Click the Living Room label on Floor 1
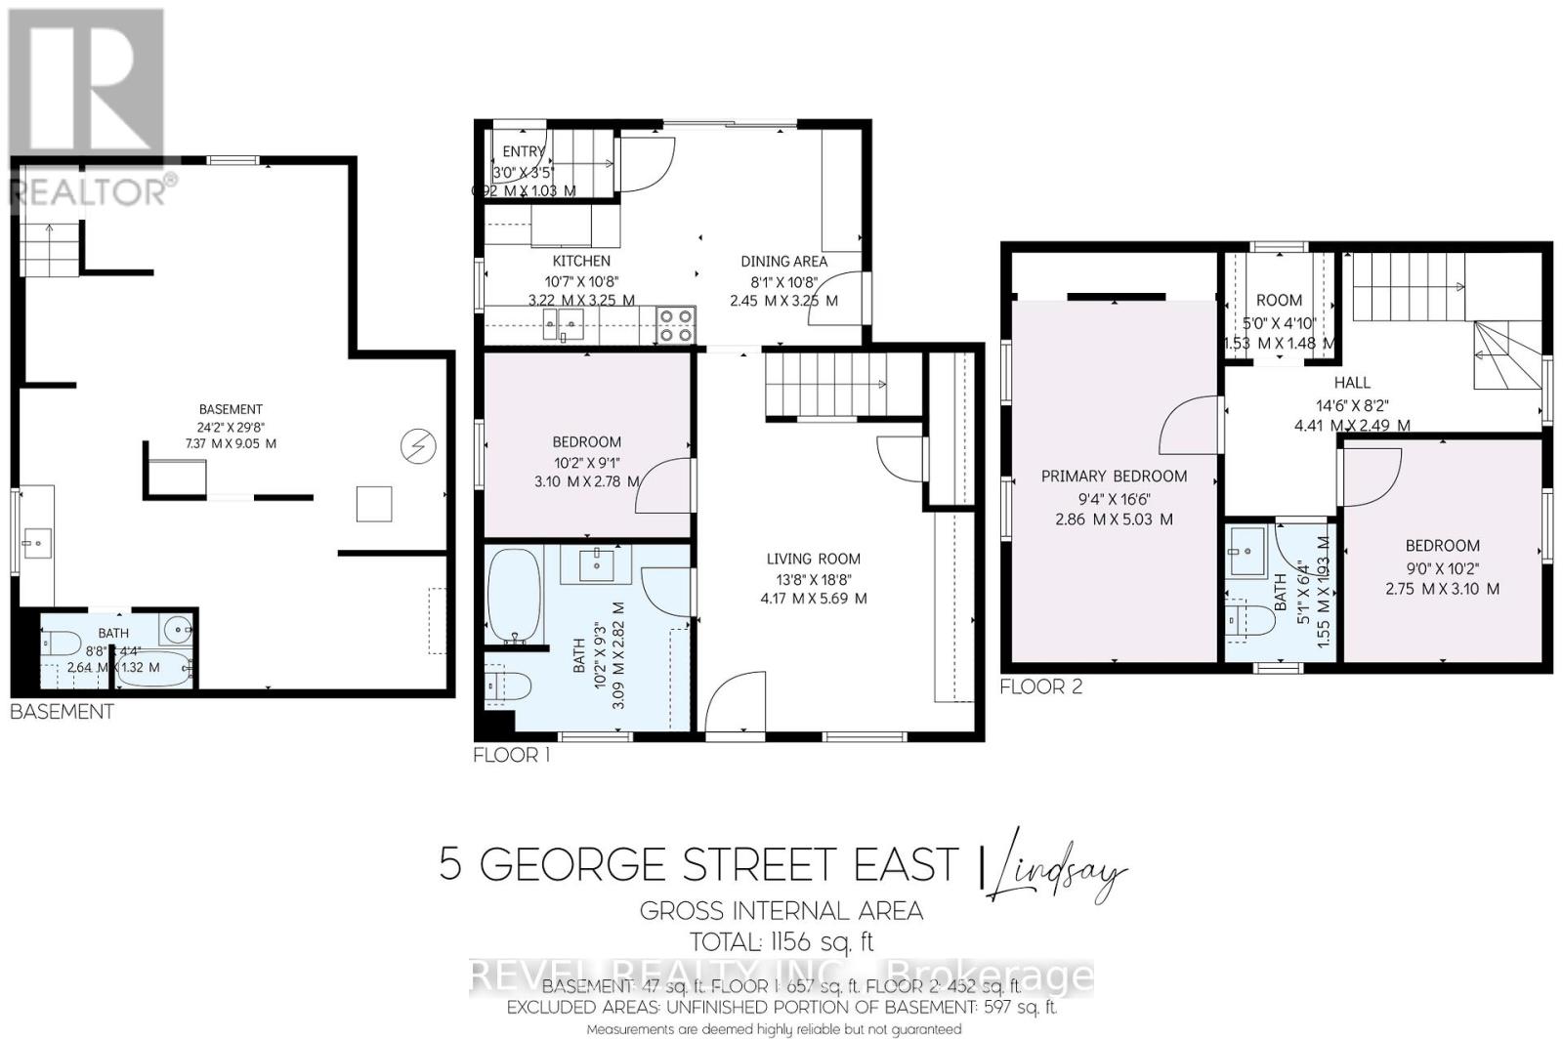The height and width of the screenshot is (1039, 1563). (813, 559)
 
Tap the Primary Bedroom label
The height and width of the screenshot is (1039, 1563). (1114, 477)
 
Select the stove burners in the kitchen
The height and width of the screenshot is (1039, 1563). (674, 325)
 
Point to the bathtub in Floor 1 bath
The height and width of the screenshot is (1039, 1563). (514, 596)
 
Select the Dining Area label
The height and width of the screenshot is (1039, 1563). (783, 261)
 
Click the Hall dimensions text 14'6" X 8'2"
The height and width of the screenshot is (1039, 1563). (1352, 404)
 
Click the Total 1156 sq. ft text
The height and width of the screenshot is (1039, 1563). (781, 942)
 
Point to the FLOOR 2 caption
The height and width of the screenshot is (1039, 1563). (1040, 686)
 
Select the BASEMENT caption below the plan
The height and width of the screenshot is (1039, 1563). (62, 712)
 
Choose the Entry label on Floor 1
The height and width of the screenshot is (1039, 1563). (524, 151)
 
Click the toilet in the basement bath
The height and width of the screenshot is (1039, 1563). (61, 644)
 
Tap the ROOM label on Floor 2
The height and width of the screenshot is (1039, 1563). (1279, 301)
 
